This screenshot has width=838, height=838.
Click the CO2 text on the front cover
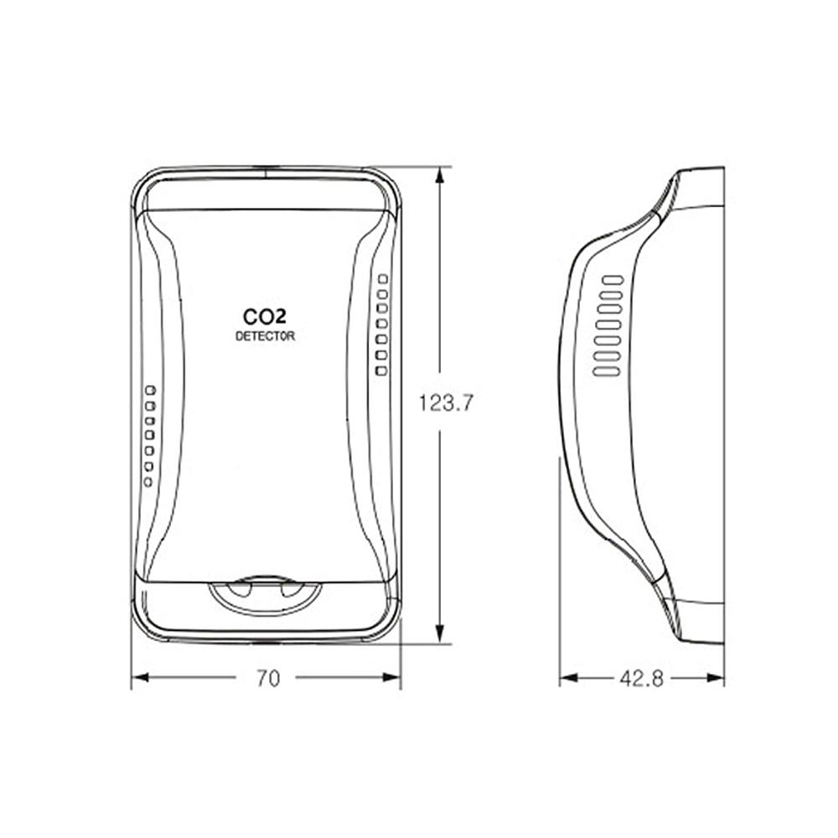click(x=264, y=318)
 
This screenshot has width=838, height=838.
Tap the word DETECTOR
click(x=265, y=337)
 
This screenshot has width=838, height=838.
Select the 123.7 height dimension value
click(x=447, y=403)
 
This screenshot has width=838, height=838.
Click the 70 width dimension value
click(x=267, y=679)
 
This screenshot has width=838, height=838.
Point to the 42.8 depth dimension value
click(x=641, y=679)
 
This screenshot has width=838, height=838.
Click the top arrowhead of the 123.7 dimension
click(x=439, y=173)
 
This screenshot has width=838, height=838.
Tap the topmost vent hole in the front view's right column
click(x=383, y=278)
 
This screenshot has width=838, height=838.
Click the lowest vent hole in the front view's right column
click(x=381, y=370)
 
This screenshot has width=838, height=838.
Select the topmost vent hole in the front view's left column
click(x=150, y=391)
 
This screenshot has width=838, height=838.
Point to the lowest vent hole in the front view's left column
click(x=148, y=482)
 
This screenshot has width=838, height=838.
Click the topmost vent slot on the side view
click(x=613, y=279)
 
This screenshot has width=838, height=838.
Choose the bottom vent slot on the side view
click(x=606, y=370)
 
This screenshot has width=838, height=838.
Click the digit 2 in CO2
click(x=279, y=318)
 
